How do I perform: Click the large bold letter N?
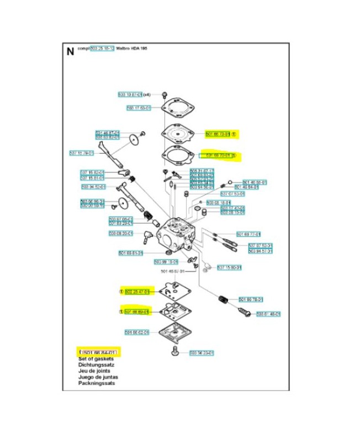(x=70, y=52)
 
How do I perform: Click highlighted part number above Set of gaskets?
(x=99, y=352)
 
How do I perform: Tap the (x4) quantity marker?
(x=147, y=94)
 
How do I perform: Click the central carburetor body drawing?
(x=176, y=231)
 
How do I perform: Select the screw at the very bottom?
(x=175, y=351)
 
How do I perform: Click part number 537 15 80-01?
(x=230, y=268)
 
